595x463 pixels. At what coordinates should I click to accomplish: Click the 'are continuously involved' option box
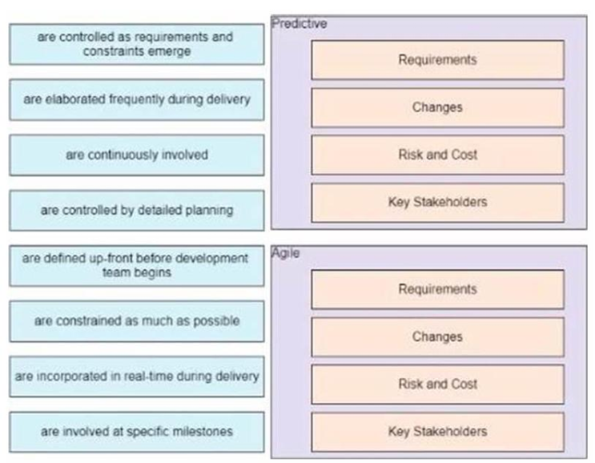[x=136, y=155]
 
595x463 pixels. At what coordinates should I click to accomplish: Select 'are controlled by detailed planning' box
[x=136, y=210]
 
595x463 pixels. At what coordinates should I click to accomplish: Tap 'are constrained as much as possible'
[x=136, y=320]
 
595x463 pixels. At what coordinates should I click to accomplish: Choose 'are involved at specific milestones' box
[x=136, y=432]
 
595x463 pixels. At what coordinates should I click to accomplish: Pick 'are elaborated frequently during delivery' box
[x=136, y=99]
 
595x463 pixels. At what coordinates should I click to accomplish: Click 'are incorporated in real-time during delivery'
[x=136, y=376]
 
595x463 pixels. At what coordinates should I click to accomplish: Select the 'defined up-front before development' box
[x=136, y=265]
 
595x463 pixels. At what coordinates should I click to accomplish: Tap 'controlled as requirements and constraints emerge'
[x=136, y=44]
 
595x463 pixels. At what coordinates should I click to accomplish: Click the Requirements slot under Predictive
[x=437, y=60]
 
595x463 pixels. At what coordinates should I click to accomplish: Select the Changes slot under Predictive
[x=437, y=107]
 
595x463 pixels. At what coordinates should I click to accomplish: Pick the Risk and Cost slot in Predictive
[x=437, y=155]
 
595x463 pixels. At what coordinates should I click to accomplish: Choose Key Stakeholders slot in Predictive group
[x=437, y=202]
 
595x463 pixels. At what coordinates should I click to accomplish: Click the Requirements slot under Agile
[x=437, y=289]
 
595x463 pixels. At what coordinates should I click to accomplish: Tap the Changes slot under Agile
[x=437, y=336]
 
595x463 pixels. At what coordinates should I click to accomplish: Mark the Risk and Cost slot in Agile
[x=437, y=384]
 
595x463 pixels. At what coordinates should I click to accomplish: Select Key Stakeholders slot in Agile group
[x=437, y=431]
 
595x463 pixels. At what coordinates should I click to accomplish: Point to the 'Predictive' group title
[x=300, y=24]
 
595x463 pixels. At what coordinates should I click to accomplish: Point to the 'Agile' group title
[x=287, y=253]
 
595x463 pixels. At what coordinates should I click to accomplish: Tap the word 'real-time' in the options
[x=159, y=376]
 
